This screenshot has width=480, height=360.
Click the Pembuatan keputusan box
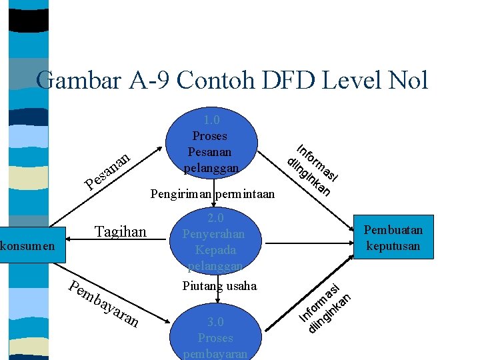coord(393,237)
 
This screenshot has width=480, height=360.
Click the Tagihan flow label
coord(121,232)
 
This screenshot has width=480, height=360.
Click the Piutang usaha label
coord(219,286)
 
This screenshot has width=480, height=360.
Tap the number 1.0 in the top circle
coord(211,120)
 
